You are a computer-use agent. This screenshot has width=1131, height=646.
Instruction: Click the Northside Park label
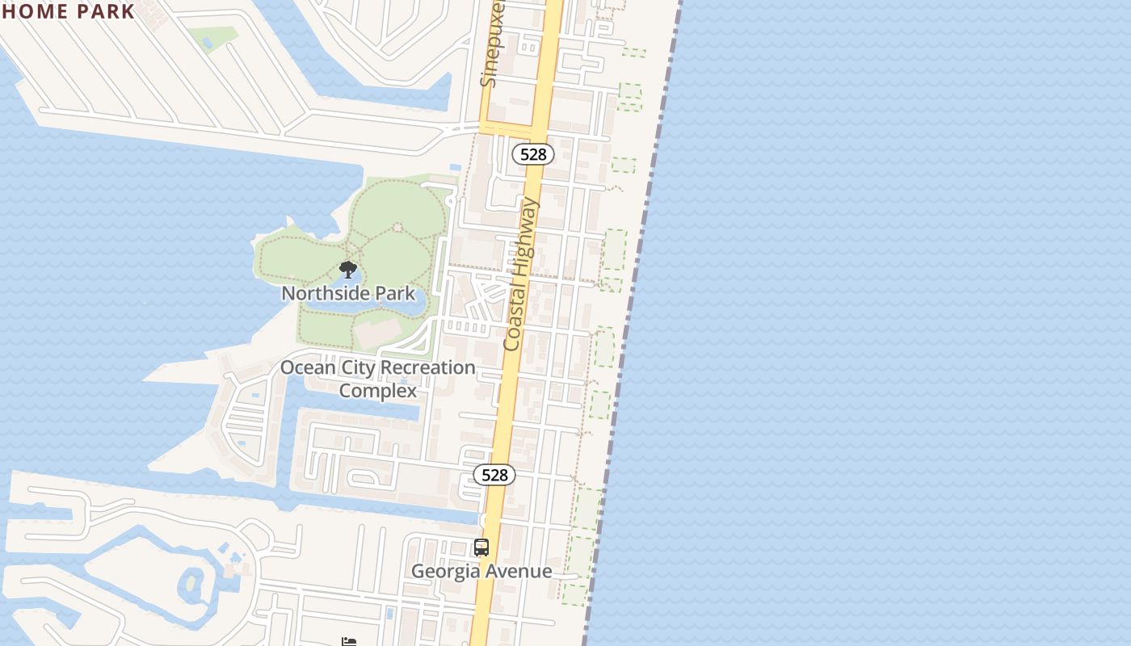[x=348, y=292]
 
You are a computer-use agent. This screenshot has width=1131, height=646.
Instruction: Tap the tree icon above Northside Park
[x=348, y=270]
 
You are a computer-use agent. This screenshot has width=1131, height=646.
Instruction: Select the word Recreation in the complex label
[x=427, y=367]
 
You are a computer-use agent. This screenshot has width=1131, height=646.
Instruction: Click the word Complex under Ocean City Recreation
[x=378, y=391]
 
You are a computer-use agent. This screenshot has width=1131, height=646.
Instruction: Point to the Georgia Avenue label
[x=481, y=571]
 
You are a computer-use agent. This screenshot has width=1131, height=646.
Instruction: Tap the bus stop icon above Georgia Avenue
[x=481, y=547]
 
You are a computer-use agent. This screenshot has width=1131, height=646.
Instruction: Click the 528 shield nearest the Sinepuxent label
[x=533, y=154]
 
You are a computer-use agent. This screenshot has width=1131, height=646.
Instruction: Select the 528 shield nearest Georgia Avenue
[x=494, y=475]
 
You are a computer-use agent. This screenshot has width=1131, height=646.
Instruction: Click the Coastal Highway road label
[x=521, y=275]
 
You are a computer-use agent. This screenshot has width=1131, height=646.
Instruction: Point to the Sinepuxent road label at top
[x=492, y=44]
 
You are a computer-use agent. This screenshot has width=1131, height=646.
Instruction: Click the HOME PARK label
[x=68, y=11]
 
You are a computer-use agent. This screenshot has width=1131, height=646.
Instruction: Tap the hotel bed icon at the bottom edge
[x=349, y=642]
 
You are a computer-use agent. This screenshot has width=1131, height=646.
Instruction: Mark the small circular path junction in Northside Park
[x=397, y=228]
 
